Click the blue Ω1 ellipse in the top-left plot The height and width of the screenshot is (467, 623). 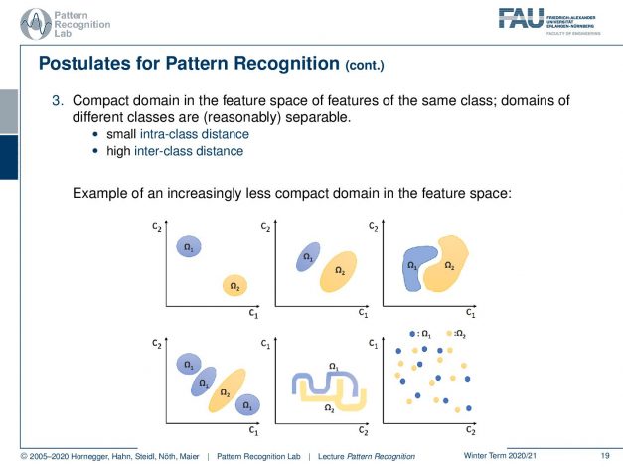[187, 247]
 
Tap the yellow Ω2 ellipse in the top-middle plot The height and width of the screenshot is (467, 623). [339, 269]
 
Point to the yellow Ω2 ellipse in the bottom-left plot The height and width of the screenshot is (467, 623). [226, 391]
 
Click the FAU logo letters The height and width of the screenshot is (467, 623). [522, 17]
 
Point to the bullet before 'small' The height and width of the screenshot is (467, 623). [95, 133]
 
